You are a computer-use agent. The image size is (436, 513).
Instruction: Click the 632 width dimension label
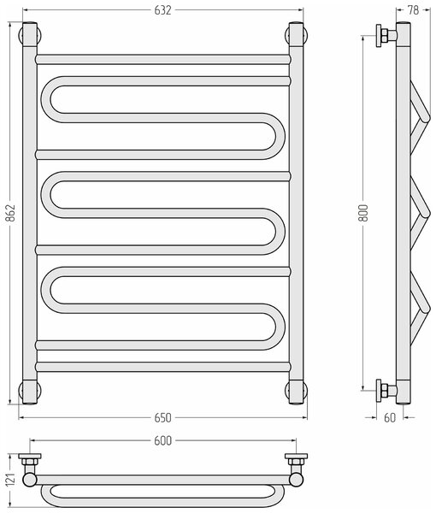[162, 10]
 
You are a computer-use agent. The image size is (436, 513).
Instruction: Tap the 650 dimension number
[162, 418]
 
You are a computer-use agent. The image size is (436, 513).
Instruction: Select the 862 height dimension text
[11, 213]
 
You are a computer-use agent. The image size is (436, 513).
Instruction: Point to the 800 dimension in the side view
[363, 213]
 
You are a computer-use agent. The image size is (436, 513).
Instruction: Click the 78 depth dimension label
[413, 10]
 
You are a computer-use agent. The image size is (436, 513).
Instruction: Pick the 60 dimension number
[390, 418]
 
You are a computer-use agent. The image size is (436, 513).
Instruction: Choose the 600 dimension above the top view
[162, 440]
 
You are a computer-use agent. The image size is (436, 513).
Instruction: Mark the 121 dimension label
[11, 481]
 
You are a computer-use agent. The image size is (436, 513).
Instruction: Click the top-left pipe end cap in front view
[30, 34]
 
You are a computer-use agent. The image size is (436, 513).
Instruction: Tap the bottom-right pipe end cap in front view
[296, 392]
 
